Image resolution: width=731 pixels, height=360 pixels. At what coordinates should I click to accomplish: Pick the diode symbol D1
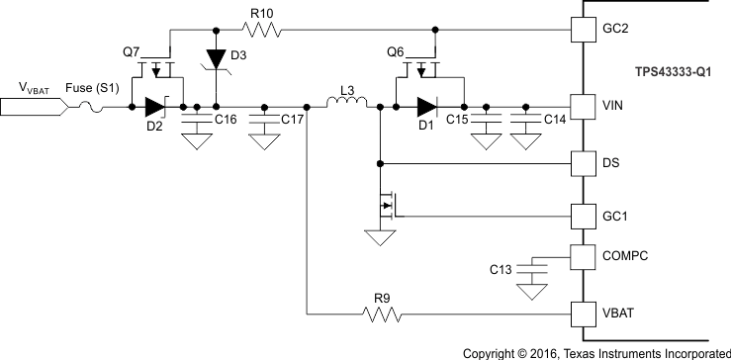point(426,106)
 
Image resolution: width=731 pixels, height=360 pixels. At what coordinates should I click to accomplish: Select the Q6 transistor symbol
point(425,71)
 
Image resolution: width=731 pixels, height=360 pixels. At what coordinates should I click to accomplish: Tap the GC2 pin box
point(586,31)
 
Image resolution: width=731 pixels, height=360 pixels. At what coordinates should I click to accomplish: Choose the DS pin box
point(586,162)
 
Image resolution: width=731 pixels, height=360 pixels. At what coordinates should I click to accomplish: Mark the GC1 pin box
point(586,215)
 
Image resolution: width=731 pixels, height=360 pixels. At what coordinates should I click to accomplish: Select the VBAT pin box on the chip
point(586,315)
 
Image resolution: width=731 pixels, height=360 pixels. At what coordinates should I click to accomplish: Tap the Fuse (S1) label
point(92,88)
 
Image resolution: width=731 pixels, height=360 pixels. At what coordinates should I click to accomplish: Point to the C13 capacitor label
point(503,269)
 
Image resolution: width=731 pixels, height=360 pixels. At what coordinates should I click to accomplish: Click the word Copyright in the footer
point(494,351)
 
